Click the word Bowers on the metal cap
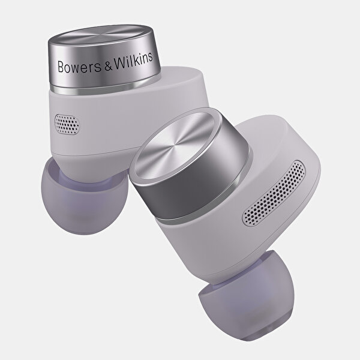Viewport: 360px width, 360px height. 79,67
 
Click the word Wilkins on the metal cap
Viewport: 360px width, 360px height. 133,61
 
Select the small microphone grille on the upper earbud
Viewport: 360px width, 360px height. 67,125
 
